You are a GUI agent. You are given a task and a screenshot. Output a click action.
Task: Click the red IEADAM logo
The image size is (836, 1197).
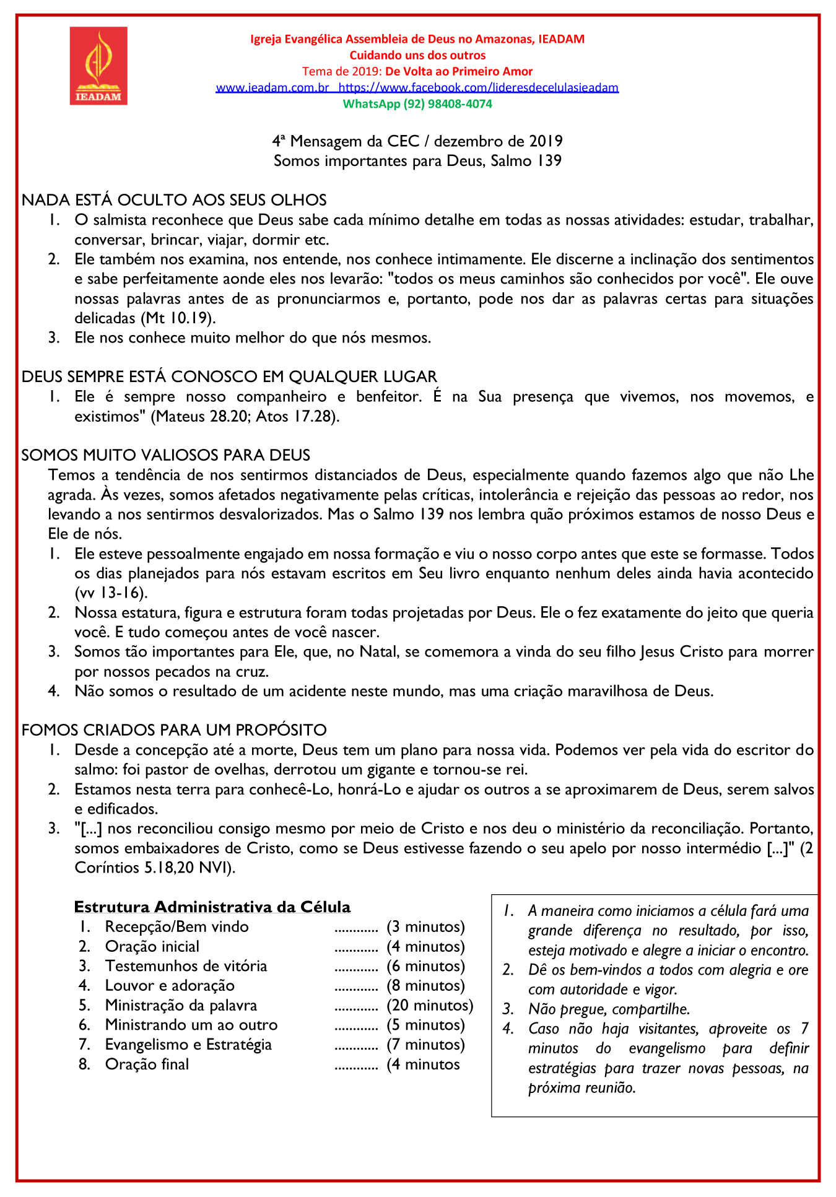98,66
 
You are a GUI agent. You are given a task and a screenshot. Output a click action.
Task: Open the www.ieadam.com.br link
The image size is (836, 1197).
272,88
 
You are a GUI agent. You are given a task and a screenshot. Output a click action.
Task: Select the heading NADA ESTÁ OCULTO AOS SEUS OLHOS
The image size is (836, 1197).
174,200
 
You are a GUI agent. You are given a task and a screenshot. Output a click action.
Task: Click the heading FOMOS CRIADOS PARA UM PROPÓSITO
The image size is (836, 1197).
174,730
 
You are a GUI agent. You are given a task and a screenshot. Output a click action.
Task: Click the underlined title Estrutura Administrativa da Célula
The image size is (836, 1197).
212,907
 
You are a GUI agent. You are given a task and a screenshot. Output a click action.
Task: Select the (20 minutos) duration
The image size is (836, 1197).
430,1006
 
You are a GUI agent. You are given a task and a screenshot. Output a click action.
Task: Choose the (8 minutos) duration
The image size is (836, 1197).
425,986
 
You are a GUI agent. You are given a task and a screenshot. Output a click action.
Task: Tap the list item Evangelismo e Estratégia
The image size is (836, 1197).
188,1045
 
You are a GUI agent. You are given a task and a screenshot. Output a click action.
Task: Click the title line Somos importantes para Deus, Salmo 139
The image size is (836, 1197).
417,161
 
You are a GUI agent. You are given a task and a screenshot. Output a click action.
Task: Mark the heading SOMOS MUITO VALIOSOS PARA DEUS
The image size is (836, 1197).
166,455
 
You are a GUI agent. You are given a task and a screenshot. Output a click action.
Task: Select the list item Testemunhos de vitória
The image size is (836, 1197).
186,966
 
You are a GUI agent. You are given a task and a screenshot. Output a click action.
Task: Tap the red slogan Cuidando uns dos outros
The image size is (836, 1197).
417,55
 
